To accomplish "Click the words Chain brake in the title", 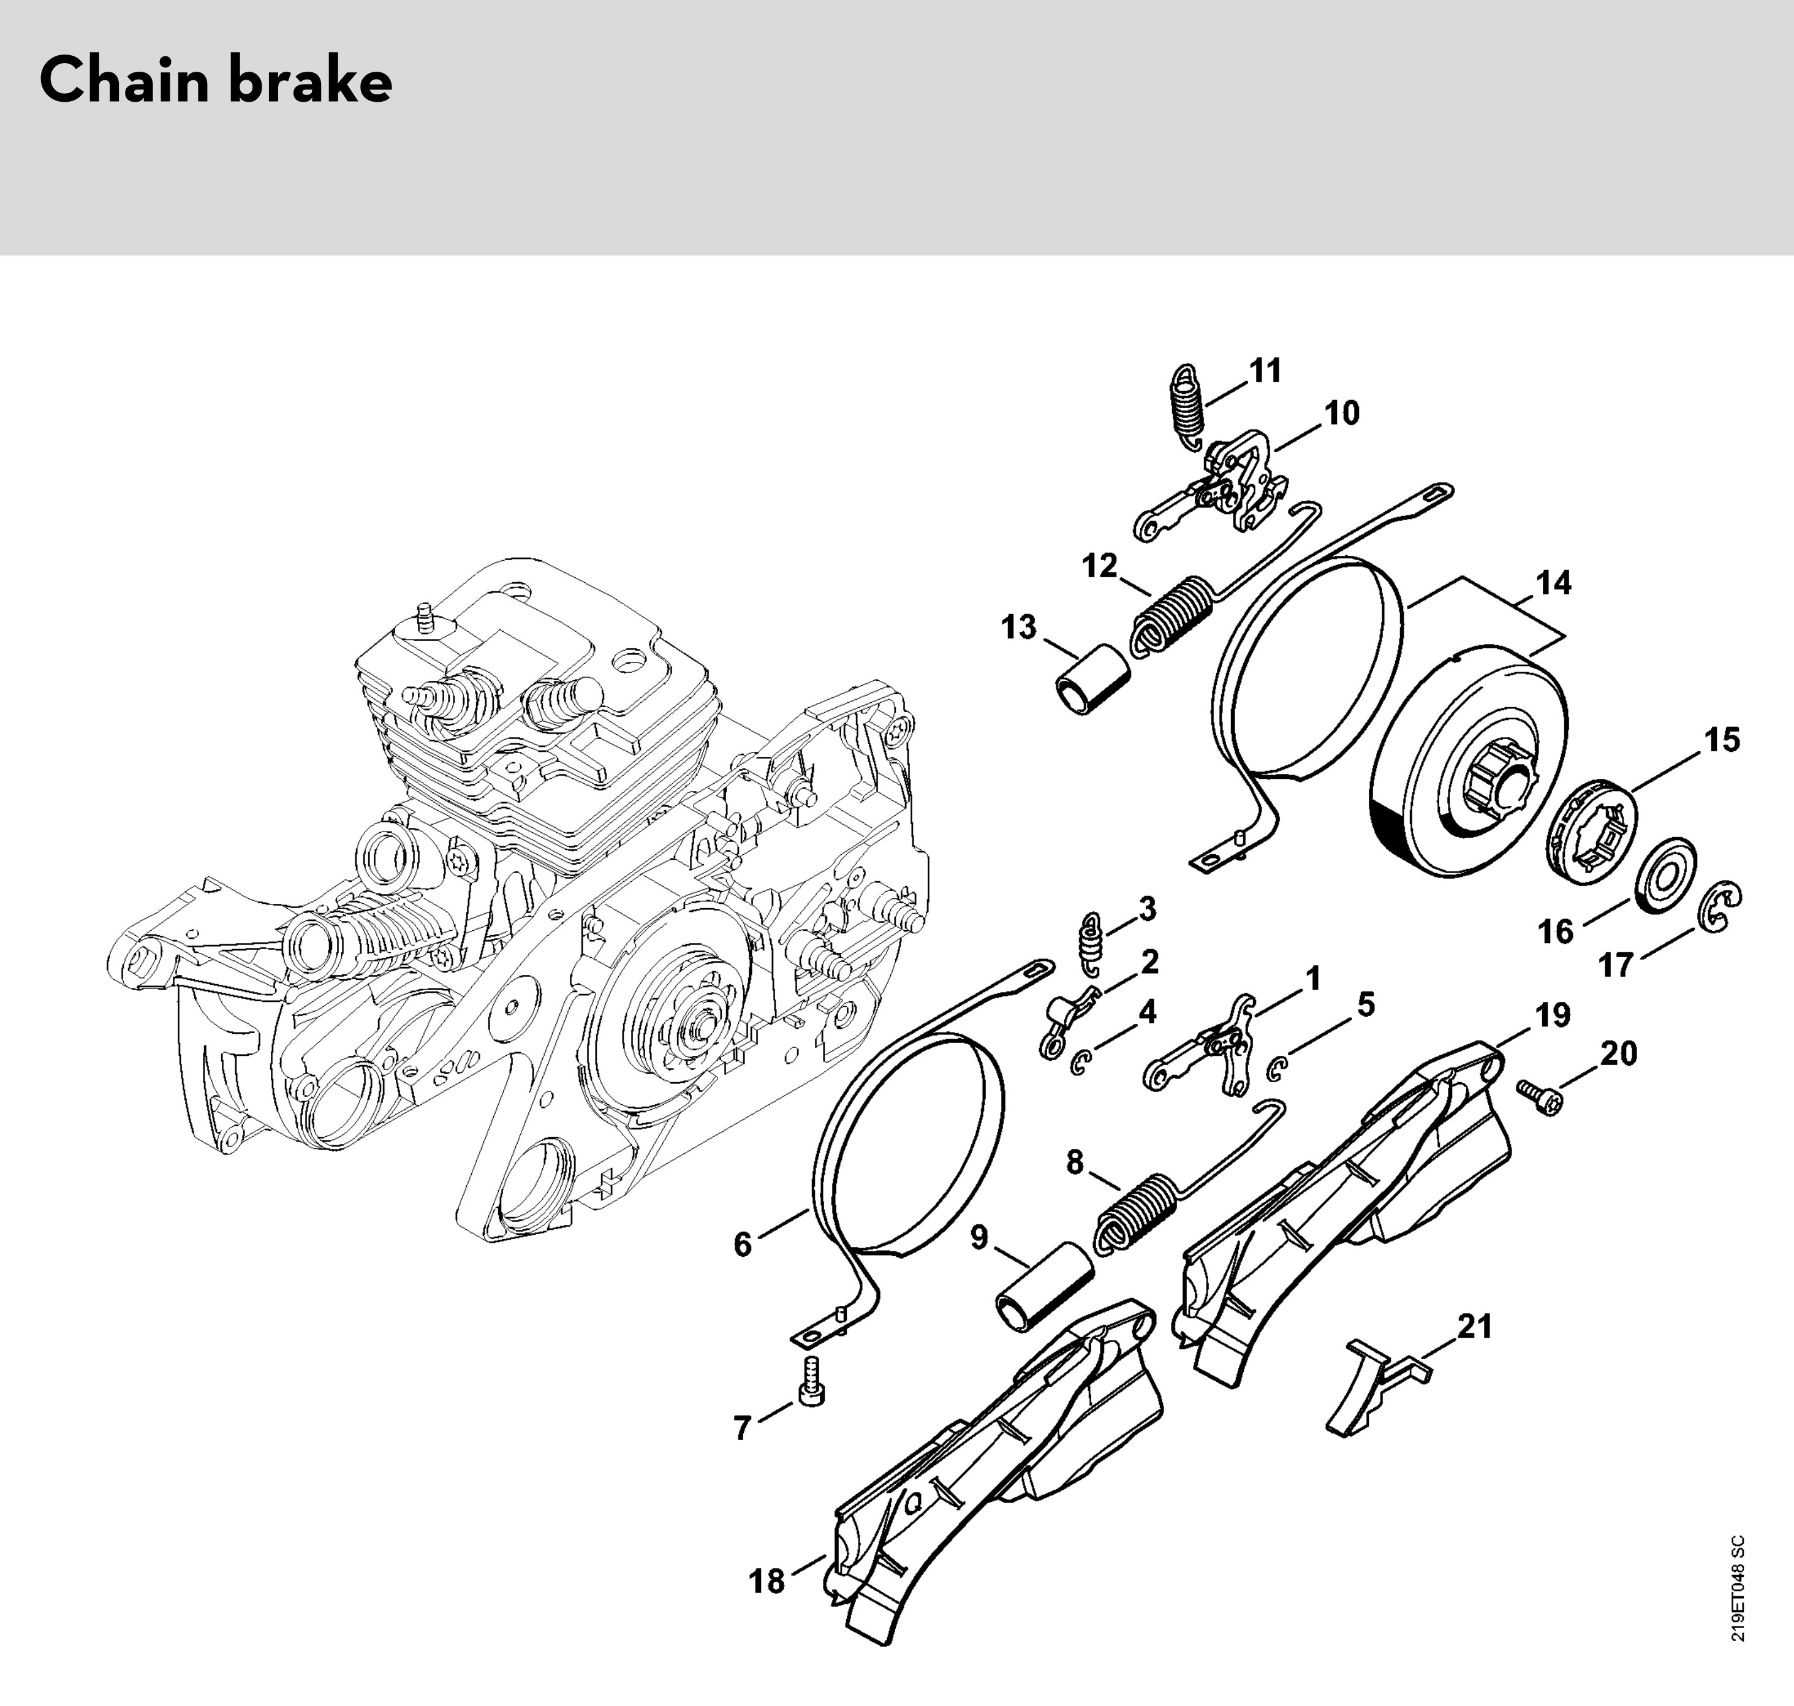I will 216,81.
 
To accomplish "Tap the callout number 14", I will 1553,583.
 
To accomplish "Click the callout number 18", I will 766,1582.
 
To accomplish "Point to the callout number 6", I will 743,1244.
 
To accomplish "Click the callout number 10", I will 1341,414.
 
